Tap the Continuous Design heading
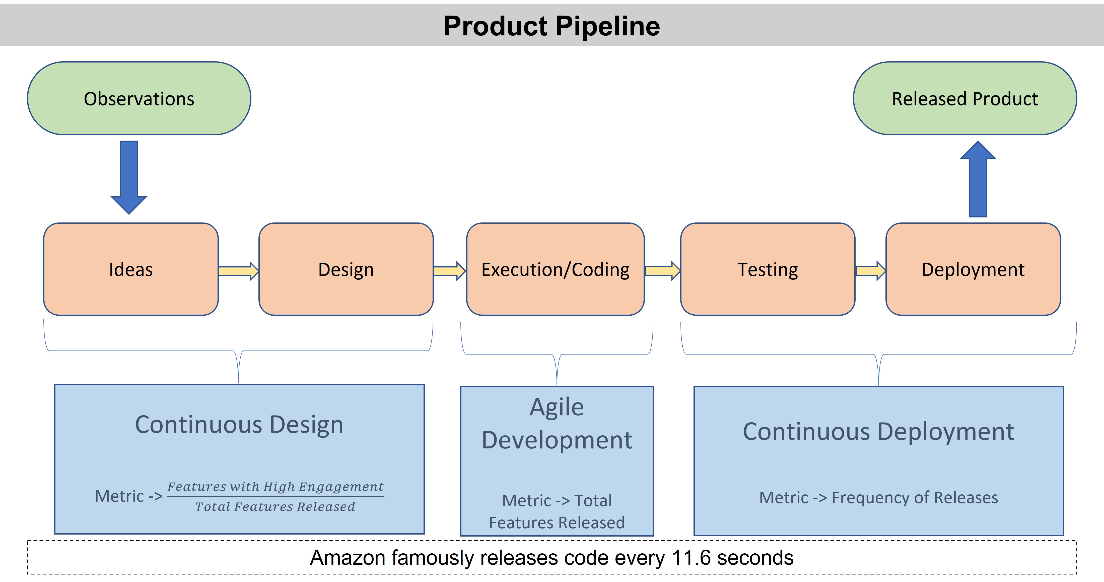tap(239, 425)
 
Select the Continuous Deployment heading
tap(879, 431)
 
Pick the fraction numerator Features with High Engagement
tap(275, 487)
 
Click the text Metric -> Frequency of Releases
tap(879, 497)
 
